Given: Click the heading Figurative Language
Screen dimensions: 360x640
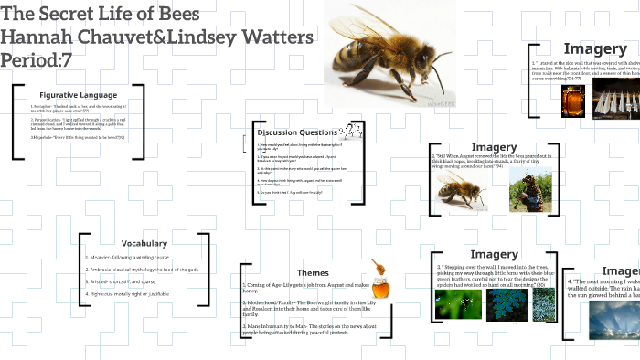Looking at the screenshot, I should [x=78, y=95].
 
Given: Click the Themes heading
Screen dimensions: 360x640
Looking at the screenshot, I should [x=313, y=272].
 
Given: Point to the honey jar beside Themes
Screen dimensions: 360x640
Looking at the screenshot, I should [x=379, y=277].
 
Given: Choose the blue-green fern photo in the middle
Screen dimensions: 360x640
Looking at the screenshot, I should [x=504, y=304].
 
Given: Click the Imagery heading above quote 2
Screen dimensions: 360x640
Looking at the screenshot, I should [x=494, y=147].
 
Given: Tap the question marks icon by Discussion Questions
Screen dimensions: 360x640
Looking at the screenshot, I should [x=347, y=133].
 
